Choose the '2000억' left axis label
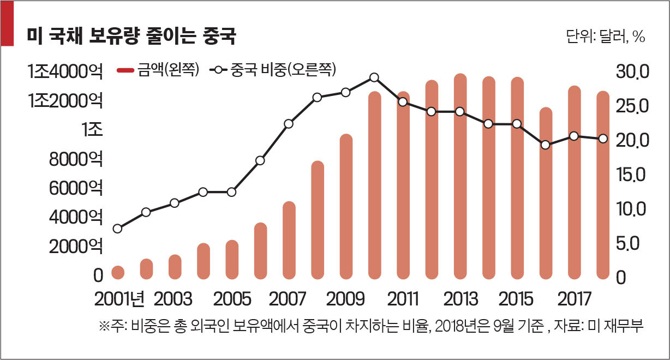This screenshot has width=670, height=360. click(74, 247)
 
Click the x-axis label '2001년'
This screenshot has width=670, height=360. click(119, 299)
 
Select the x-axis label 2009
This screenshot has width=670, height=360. click(345, 299)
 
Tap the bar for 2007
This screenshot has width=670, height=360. click(289, 240)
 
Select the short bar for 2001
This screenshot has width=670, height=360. click(118, 272)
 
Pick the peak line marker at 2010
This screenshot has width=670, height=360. click(374, 77)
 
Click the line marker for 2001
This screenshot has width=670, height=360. click(117, 229)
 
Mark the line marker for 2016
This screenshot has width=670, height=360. click(545, 145)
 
